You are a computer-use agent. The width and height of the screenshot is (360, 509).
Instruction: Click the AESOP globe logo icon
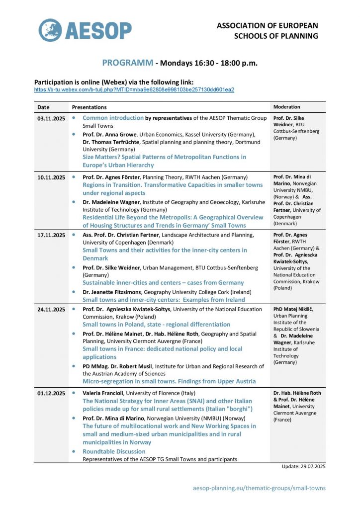point(50,30)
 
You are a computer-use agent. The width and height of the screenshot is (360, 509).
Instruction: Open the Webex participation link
point(134,90)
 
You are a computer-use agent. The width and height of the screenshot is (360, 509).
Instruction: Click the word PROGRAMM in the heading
point(128,63)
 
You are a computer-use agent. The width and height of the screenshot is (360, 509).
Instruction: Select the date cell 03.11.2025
point(51,118)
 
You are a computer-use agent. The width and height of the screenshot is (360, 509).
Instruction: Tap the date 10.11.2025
point(51,177)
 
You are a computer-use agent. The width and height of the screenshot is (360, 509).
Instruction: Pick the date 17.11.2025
point(51,235)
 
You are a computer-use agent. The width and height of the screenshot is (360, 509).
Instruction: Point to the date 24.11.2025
point(51,309)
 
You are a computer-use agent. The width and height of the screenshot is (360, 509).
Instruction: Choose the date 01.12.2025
point(51,393)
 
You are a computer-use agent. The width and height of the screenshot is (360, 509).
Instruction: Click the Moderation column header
point(287,107)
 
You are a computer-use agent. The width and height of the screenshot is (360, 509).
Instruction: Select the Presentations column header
point(89,107)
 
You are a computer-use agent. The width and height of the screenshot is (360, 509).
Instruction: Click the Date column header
point(43,107)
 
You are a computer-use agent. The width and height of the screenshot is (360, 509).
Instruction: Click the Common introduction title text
point(112,118)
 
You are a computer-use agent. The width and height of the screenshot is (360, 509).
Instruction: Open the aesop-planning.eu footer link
point(259,488)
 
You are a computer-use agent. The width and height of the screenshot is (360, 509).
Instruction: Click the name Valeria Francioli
point(105,393)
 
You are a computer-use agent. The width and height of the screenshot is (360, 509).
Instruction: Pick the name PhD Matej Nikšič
point(294,309)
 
